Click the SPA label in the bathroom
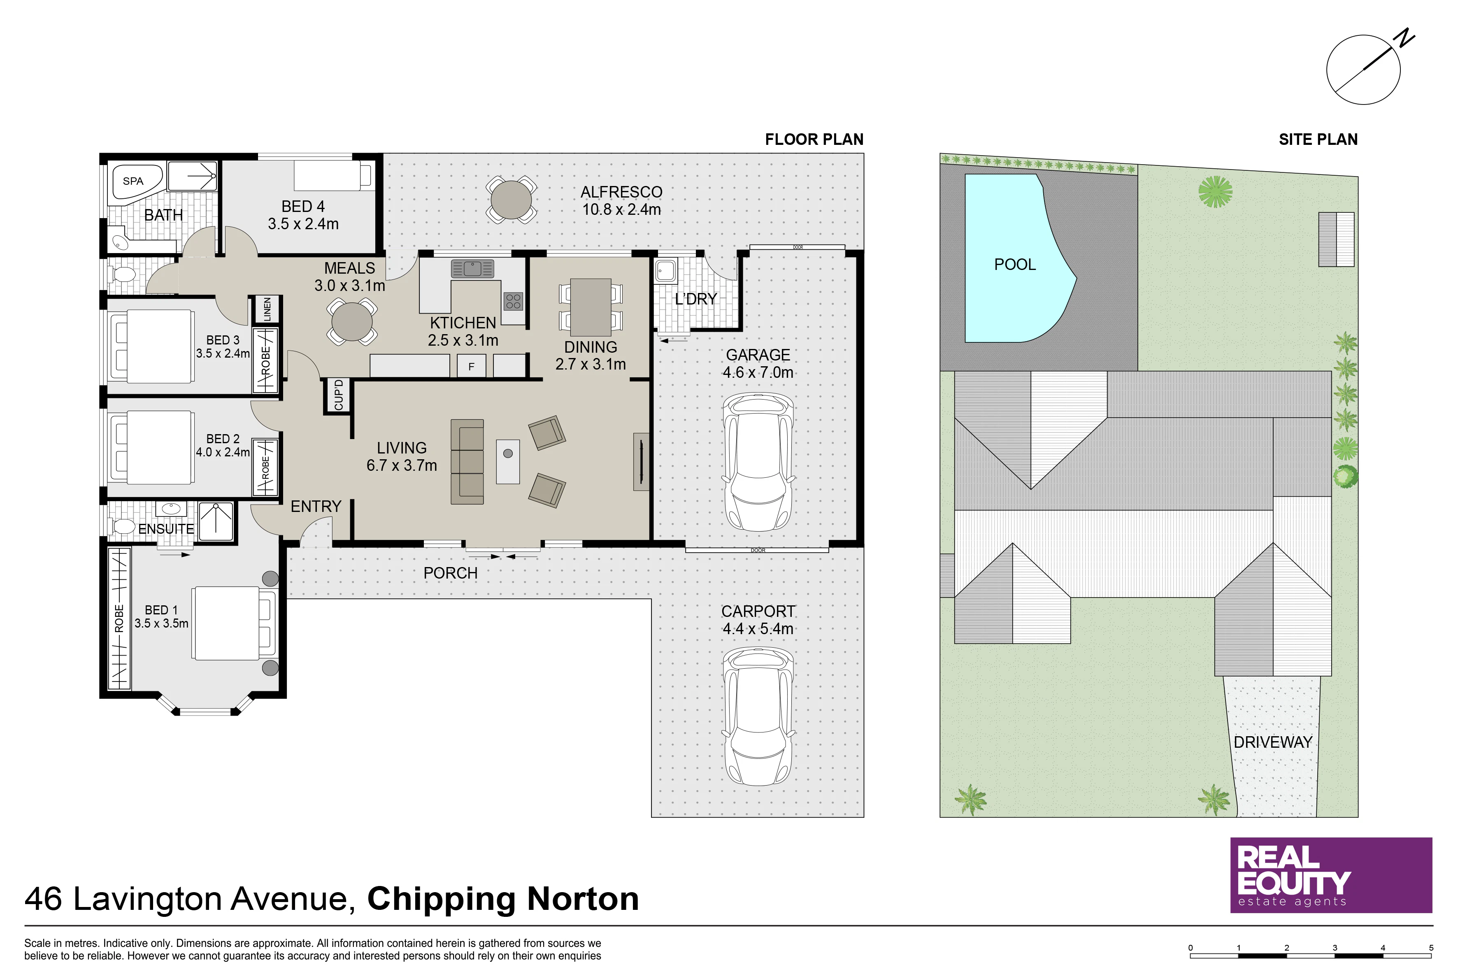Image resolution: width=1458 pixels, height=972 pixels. (133, 181)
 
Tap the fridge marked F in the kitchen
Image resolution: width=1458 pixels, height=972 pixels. (471, 366)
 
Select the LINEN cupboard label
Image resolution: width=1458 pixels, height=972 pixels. (267, 309)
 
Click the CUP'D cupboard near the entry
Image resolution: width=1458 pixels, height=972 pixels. (338, 395)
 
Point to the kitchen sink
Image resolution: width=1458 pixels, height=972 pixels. (472, 268)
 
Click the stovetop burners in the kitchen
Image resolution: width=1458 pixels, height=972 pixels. (513, 301)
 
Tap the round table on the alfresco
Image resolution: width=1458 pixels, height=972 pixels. (512, 200)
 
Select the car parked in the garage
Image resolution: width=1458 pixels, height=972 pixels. (758, 462)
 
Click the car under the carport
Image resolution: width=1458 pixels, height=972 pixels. (758, 716)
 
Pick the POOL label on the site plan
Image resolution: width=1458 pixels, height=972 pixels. (1015, 265)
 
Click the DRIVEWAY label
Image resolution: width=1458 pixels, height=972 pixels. (1273, 742)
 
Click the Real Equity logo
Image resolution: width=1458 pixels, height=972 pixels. (1331, 875)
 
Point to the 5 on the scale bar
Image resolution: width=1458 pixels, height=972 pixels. (1431, 948)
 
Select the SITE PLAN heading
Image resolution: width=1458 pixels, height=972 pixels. (1318, 140)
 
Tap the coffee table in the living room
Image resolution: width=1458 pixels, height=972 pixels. (508, 461)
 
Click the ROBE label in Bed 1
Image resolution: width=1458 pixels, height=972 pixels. (119, 619)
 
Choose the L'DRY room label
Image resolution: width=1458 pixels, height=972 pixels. (695, 300)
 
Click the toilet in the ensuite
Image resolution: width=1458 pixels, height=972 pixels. (123, 527)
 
